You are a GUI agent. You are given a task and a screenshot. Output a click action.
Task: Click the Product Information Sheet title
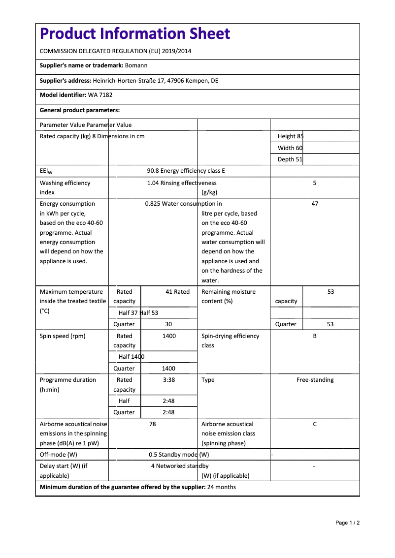(135, 34)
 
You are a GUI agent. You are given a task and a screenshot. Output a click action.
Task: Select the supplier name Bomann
(136, 65)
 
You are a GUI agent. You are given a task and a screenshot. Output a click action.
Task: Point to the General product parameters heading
(80, 110)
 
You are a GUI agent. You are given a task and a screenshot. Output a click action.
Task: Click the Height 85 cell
(291, 136)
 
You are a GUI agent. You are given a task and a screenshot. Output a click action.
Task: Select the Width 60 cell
(290, 148)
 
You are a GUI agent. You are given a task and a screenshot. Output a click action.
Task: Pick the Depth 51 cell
(290, 159)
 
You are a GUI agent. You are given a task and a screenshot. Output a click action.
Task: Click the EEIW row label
(46, 171)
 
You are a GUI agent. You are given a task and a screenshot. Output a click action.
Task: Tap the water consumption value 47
(315, 204)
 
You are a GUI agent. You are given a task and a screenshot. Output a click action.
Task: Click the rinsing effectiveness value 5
(315, 183)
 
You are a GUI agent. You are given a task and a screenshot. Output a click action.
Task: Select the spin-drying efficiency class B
(315, 336)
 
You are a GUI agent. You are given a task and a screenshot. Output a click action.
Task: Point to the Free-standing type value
(315, 380)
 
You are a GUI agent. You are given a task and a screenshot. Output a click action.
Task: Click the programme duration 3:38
(169, 380)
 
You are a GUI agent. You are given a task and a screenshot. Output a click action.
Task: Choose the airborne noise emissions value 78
(153, 424)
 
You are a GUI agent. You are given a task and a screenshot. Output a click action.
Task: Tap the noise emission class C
(315, 424)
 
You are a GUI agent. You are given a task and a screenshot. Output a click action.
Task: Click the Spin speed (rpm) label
(63, 336)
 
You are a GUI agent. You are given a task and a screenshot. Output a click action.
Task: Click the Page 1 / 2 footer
(347, 523)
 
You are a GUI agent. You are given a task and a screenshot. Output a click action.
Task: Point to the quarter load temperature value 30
(169, 324)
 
